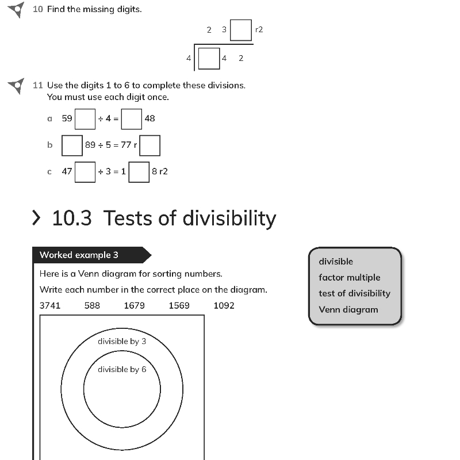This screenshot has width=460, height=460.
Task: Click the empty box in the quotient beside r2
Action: (x=241, y=30)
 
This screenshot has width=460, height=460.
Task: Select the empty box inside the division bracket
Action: (x=209, y=59)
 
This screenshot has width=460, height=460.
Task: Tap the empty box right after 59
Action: (x=85, y=119)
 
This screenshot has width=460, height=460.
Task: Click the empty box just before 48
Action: (x=132, y=119)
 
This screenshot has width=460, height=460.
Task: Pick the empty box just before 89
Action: (x=72, y=145)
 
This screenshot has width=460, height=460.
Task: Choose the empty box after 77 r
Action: (x=150, y=145)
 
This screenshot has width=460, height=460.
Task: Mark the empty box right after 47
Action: (x=85, y=172)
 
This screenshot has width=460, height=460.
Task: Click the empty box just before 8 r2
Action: (x=139, y=172)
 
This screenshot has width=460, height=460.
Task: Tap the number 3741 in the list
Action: (x=50, y=306)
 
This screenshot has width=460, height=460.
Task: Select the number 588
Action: (x=92, y=306)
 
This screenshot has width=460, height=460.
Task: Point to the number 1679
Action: (x=135, y=306)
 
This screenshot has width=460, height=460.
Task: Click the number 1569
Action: (x=179, y=306)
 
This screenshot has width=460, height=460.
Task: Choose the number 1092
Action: (x=224, y=306)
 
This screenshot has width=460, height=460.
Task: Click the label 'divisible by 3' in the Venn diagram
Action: (x=122, y=342)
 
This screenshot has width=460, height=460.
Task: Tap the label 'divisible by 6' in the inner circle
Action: (x=122, y=370)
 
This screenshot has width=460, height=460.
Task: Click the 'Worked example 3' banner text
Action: (x=79, y=255)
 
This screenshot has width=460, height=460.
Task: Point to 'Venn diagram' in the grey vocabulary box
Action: (x=348, y=310)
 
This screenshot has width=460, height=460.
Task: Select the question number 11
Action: (x=38, y=85)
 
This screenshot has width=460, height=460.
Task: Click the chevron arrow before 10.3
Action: (x=36, y=218)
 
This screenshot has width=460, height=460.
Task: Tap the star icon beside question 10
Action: (x=17, y=10)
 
